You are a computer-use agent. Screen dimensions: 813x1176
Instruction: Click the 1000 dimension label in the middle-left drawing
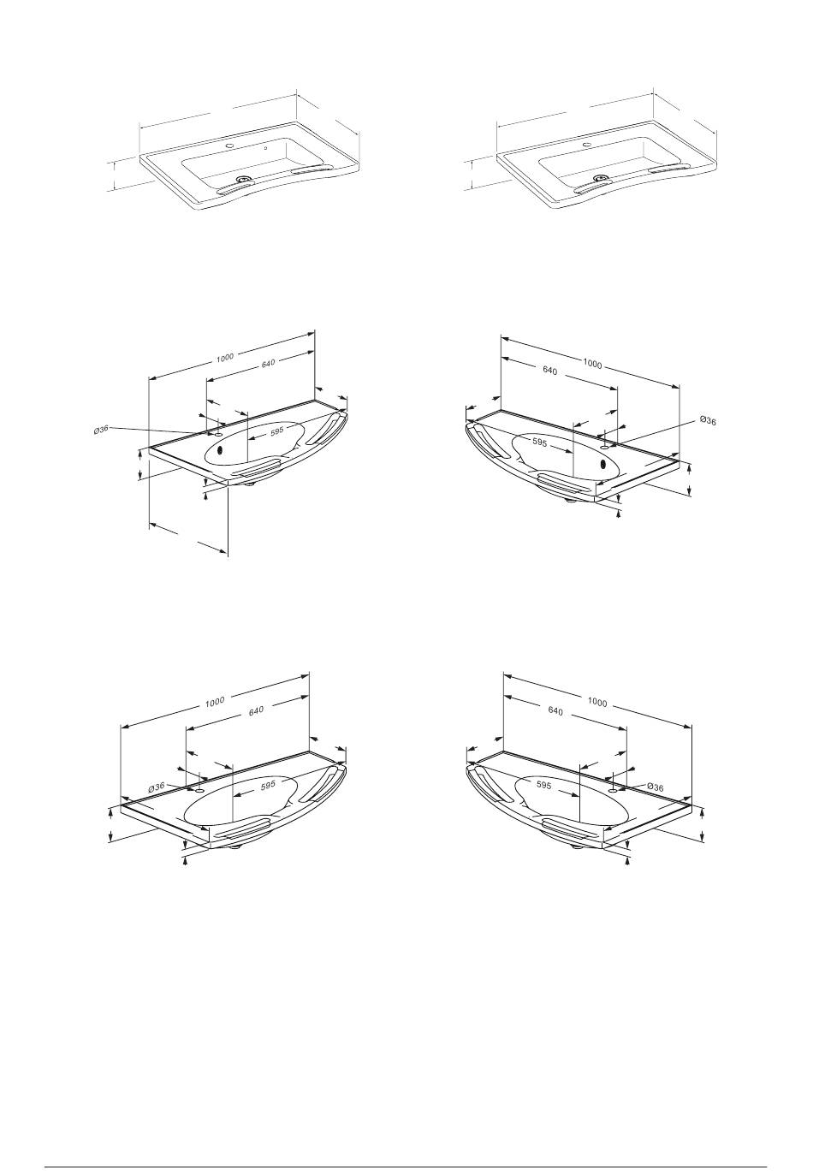coord(224,358)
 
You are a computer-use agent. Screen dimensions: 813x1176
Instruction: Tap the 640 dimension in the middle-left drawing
coord(268,363)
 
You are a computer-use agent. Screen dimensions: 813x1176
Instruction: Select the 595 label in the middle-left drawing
coord(276,431)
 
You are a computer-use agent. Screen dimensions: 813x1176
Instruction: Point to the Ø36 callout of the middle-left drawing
coord(101,429)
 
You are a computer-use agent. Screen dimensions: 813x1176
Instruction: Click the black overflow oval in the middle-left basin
coord(221,450)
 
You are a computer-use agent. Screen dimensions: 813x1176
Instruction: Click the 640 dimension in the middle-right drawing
coord(549,371)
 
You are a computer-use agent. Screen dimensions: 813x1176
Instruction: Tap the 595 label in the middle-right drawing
coord(539,442)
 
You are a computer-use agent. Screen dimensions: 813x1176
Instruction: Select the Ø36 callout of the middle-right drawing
coord(708,420)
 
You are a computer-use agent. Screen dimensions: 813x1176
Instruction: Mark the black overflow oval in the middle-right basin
coord(602,464)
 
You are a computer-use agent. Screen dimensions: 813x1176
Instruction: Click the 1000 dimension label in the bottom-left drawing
coord(215,702)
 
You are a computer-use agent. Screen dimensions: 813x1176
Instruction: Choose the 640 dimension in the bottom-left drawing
coord(256,711)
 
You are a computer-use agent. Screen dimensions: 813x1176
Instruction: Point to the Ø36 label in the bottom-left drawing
coord(157,787)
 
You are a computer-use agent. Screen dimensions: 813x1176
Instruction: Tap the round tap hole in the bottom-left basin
coord(199,790)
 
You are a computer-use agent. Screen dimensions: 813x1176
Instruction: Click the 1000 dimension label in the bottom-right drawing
coord(597,702)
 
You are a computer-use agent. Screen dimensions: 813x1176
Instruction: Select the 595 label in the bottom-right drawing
coord(543,786)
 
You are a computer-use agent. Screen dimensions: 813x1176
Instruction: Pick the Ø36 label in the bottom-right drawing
coord(656,787)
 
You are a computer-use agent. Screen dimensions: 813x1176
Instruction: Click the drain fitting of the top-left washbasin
coord(242,180)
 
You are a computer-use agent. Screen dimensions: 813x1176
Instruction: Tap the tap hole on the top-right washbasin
coord(586,143)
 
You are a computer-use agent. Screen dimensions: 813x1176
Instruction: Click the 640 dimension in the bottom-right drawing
coord(555,711)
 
